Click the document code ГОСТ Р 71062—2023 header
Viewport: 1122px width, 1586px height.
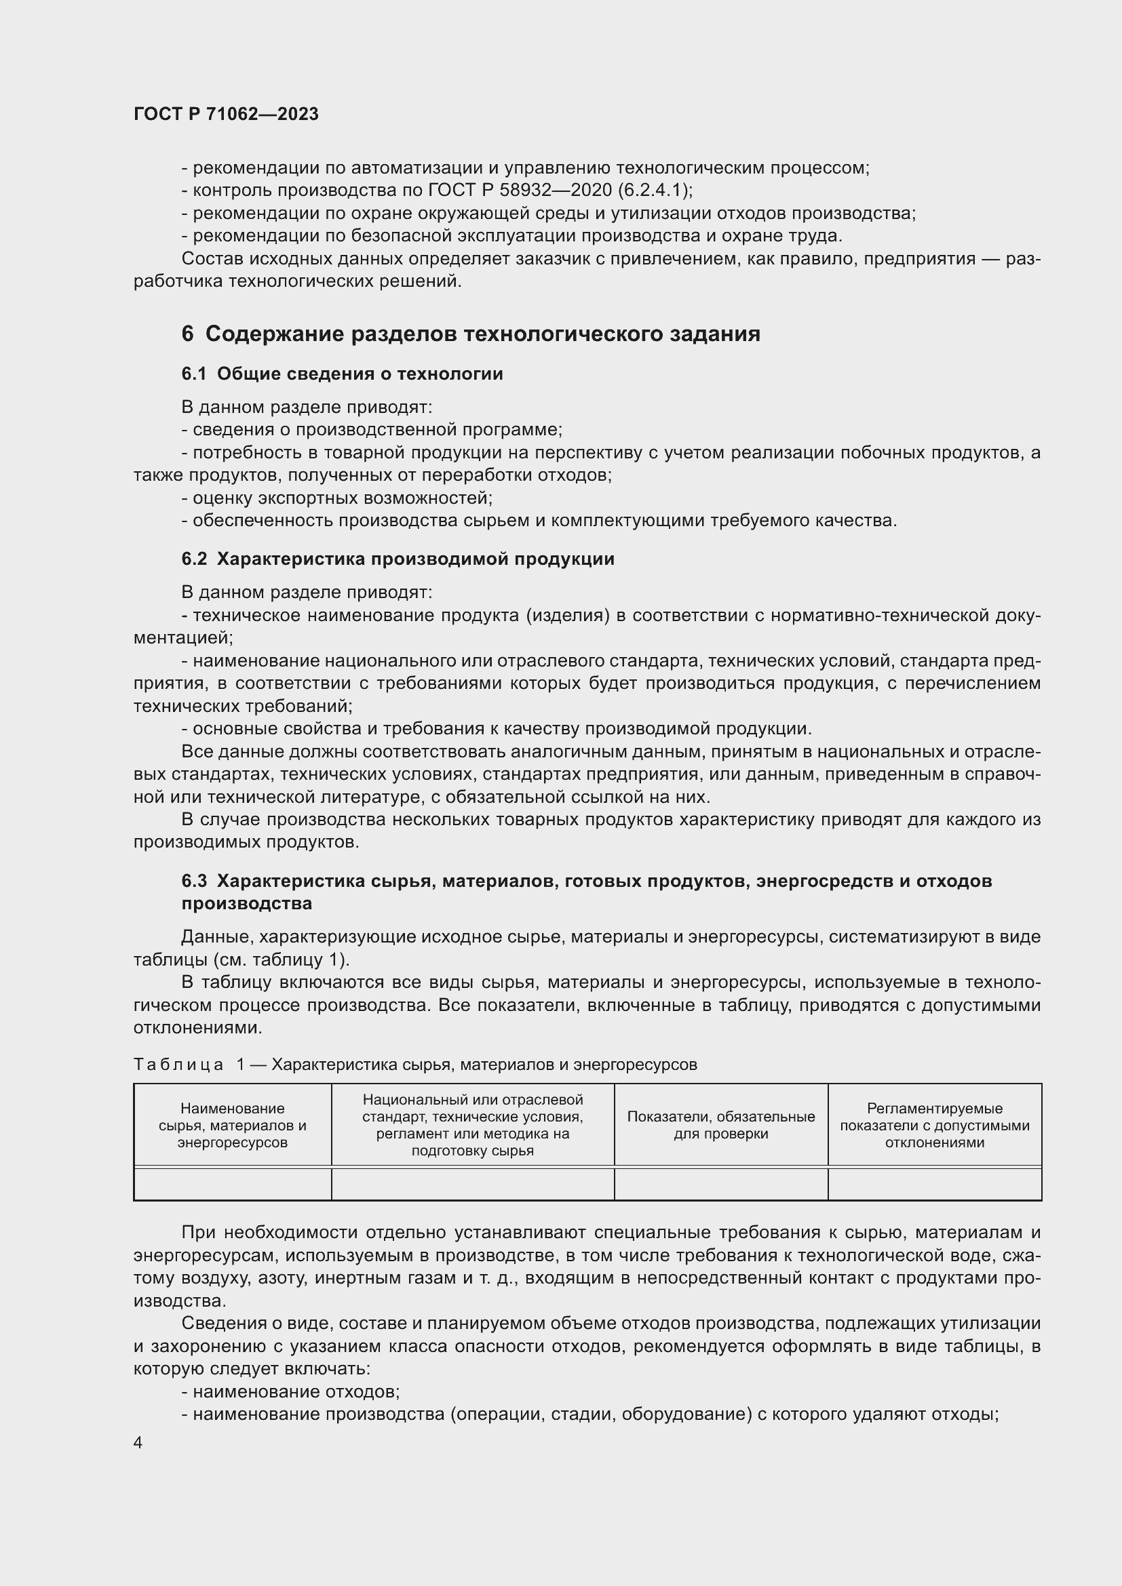coord(226,114)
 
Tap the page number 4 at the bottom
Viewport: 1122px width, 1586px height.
coord(138,1443)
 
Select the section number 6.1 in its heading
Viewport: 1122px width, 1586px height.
coord(194,374)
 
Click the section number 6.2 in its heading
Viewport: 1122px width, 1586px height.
coord(194,559)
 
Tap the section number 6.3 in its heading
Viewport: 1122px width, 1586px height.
coord(194,881)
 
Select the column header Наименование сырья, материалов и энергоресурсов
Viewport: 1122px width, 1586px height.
coord(232,1126)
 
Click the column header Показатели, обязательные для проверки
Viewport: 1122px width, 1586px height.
coord(720,1126)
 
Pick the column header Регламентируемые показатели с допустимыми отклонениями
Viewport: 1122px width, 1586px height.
coord(934,1126)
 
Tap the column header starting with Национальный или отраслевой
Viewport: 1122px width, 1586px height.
coord(473,1126)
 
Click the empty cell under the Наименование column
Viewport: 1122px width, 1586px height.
coord(232,1184)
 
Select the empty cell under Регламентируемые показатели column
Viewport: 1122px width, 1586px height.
coord(934,1184)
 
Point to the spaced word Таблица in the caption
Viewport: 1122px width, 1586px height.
coord(178,1065)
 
